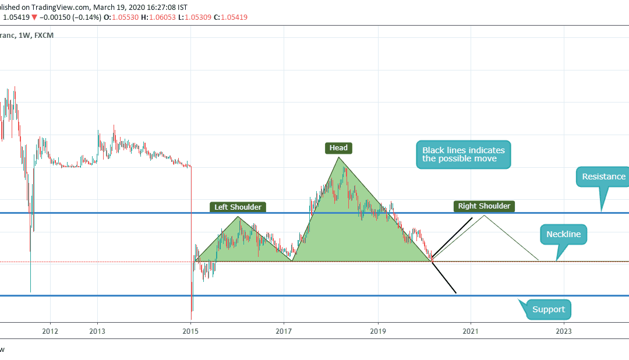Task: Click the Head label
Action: (x=338, y=148)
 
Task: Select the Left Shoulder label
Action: (x=238, y=207)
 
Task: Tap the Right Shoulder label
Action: (x=484, y=206)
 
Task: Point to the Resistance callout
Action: (x=603, y=177)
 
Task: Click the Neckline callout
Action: (x=563, y=235)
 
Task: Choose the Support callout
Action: (x=548, y=309)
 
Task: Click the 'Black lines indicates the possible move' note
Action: (x=463, y=154)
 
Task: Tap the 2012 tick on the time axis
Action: (x=50, y=331)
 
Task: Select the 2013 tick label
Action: (x=97, y=331)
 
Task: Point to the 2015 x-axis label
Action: (x=191, y=331)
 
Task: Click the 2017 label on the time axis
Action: (x=284, y=331)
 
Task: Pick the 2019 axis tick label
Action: (x=378, y=331)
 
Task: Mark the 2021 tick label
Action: (x=471, y=331)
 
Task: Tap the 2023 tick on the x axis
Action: (x=564, y=331)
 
